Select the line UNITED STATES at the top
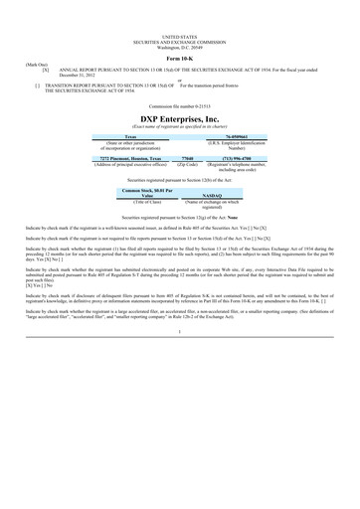coord(180,36)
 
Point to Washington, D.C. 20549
coord(180,46)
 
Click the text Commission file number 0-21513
coord(180,104)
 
